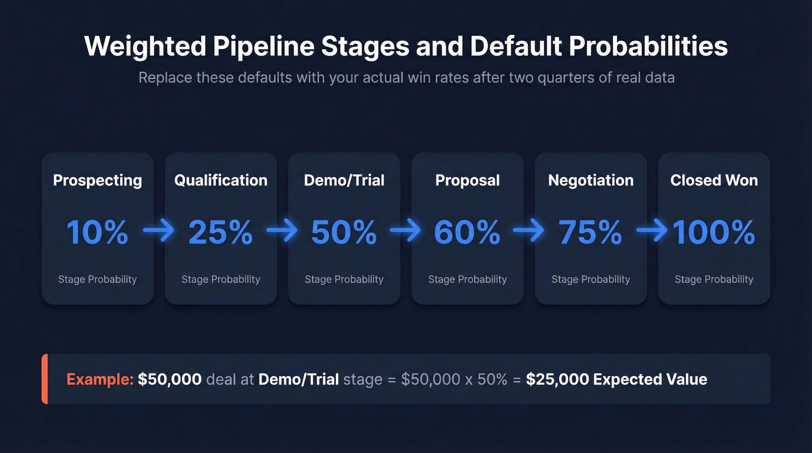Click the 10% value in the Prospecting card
pos(97,232)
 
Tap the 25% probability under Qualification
pos(220,232)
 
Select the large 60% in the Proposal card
pos(467,232)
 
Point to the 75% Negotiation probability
pos(590,232)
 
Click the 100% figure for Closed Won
pos(714,232)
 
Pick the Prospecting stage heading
pos(97,180)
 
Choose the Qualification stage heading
pos(221,180)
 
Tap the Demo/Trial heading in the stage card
pos(344,180)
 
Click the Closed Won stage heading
pos(714,180)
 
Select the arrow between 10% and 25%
pos(158,231)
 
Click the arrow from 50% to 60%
pos(405,231)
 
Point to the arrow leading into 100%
pos(652,231)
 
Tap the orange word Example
pos(100,379)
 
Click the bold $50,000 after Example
pos(170,379)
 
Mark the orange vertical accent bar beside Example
pos(44,379)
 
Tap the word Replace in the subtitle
pos(165,77)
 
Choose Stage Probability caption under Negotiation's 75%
pos(590,279)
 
